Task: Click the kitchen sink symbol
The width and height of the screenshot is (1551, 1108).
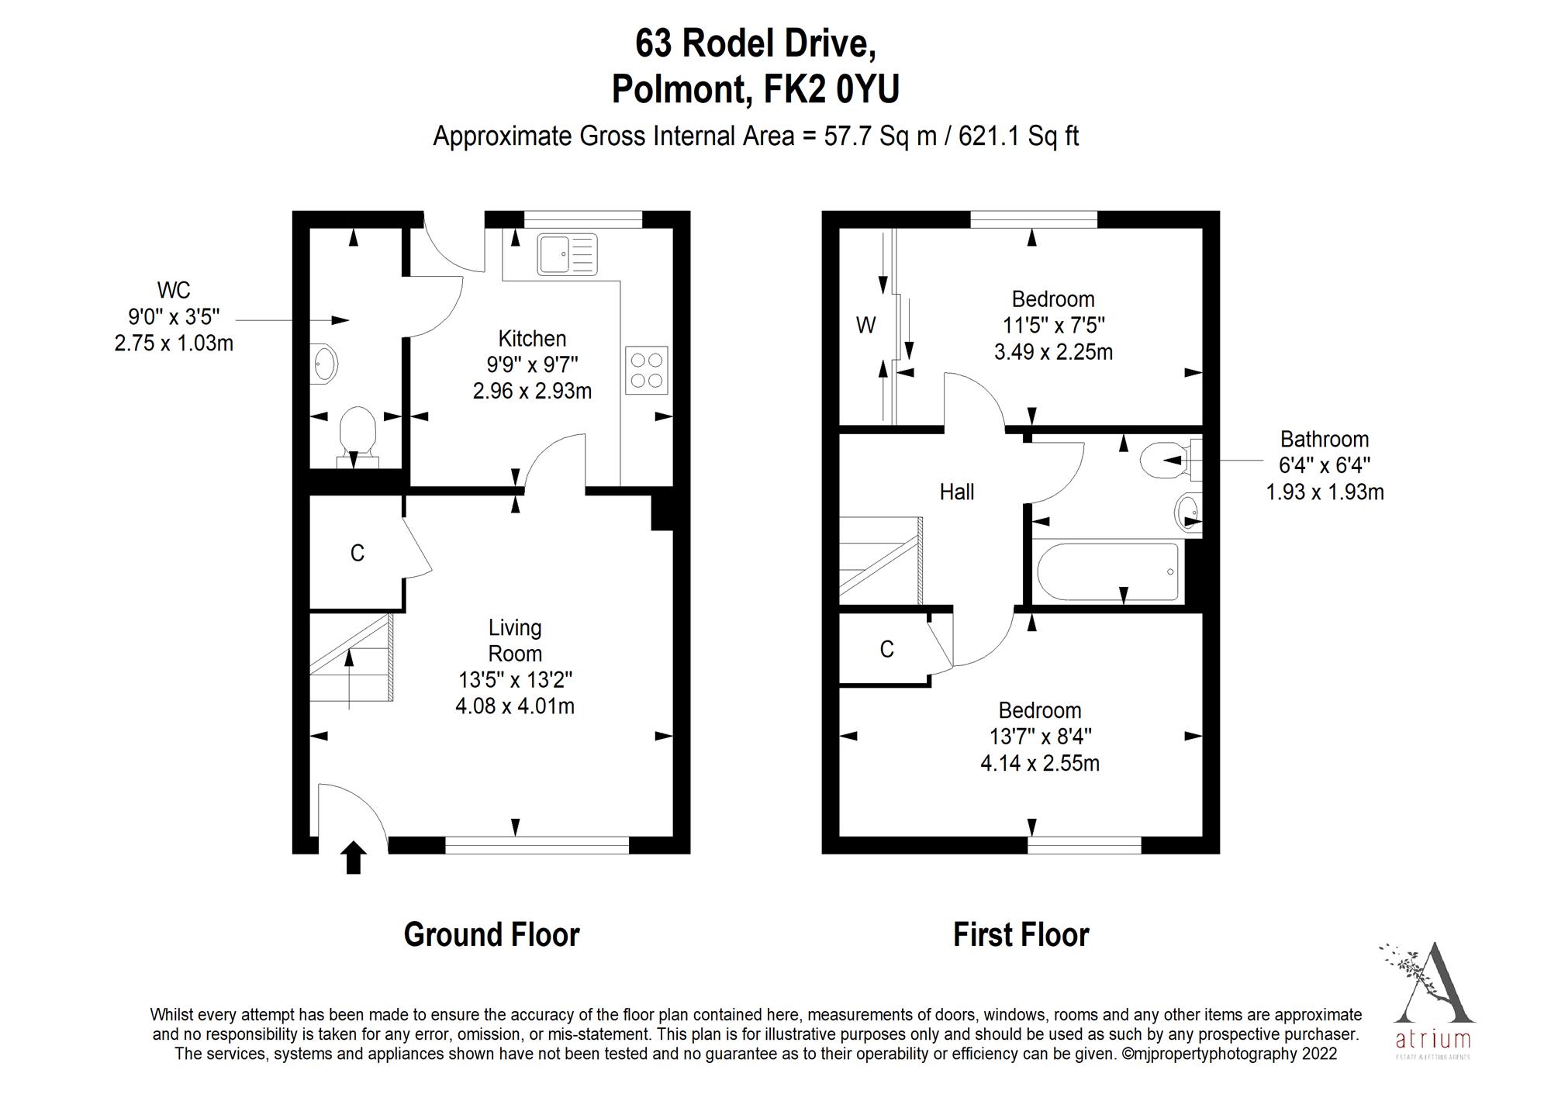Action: click(568, 254)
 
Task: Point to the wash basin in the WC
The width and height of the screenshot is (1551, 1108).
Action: click(323, 364)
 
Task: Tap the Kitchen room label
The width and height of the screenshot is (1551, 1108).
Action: click(532, 339)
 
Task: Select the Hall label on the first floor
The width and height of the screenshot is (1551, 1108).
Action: click(956, 492)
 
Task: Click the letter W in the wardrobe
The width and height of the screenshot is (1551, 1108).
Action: click(865, 325)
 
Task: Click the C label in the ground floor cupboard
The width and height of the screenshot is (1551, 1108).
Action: click(357, 553)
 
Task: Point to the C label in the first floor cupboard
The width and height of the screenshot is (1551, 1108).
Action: click(887, 649)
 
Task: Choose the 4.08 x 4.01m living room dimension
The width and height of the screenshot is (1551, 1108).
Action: click(515, 706)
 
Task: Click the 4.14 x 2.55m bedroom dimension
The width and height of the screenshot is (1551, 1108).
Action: click(1040, 764)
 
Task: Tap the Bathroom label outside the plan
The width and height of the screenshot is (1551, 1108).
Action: click(1324, 440)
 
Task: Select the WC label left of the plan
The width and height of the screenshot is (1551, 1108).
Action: click(173, 290)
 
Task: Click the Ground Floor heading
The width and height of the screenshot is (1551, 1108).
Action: click(492, 935)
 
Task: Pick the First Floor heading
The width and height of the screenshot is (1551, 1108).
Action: click(1021, 935)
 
